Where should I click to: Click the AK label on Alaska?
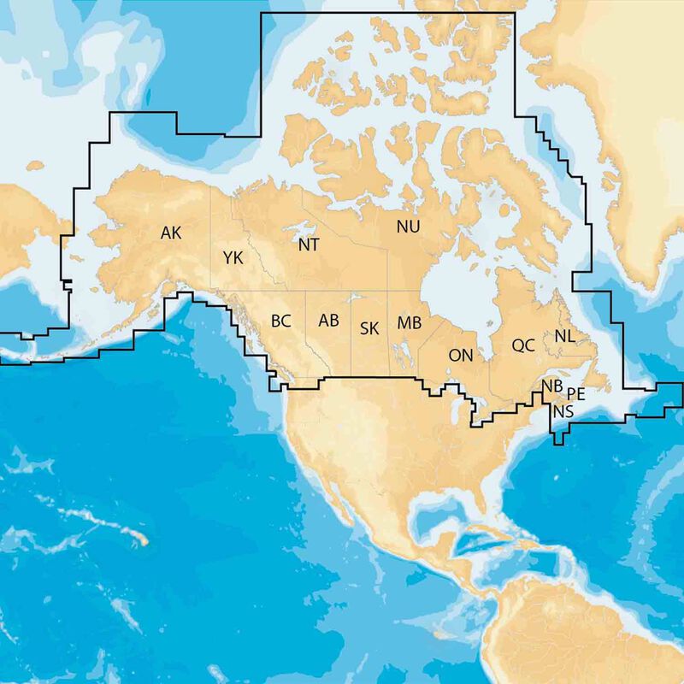[171, 232]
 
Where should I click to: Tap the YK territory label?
[233, 257]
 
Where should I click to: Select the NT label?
[309, 245]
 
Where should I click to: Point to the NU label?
[408, 226]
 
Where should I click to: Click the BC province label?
[281, 321]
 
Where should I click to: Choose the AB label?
[328, 321]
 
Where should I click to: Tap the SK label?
[369, 327]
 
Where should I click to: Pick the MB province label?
[409, 323]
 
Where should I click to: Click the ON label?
[461, 355]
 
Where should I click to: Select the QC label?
[523, 345]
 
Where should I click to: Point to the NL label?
[564, 336]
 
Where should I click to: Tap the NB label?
[552, 387]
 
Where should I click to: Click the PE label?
[575, 394]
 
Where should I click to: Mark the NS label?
[563, 412]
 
